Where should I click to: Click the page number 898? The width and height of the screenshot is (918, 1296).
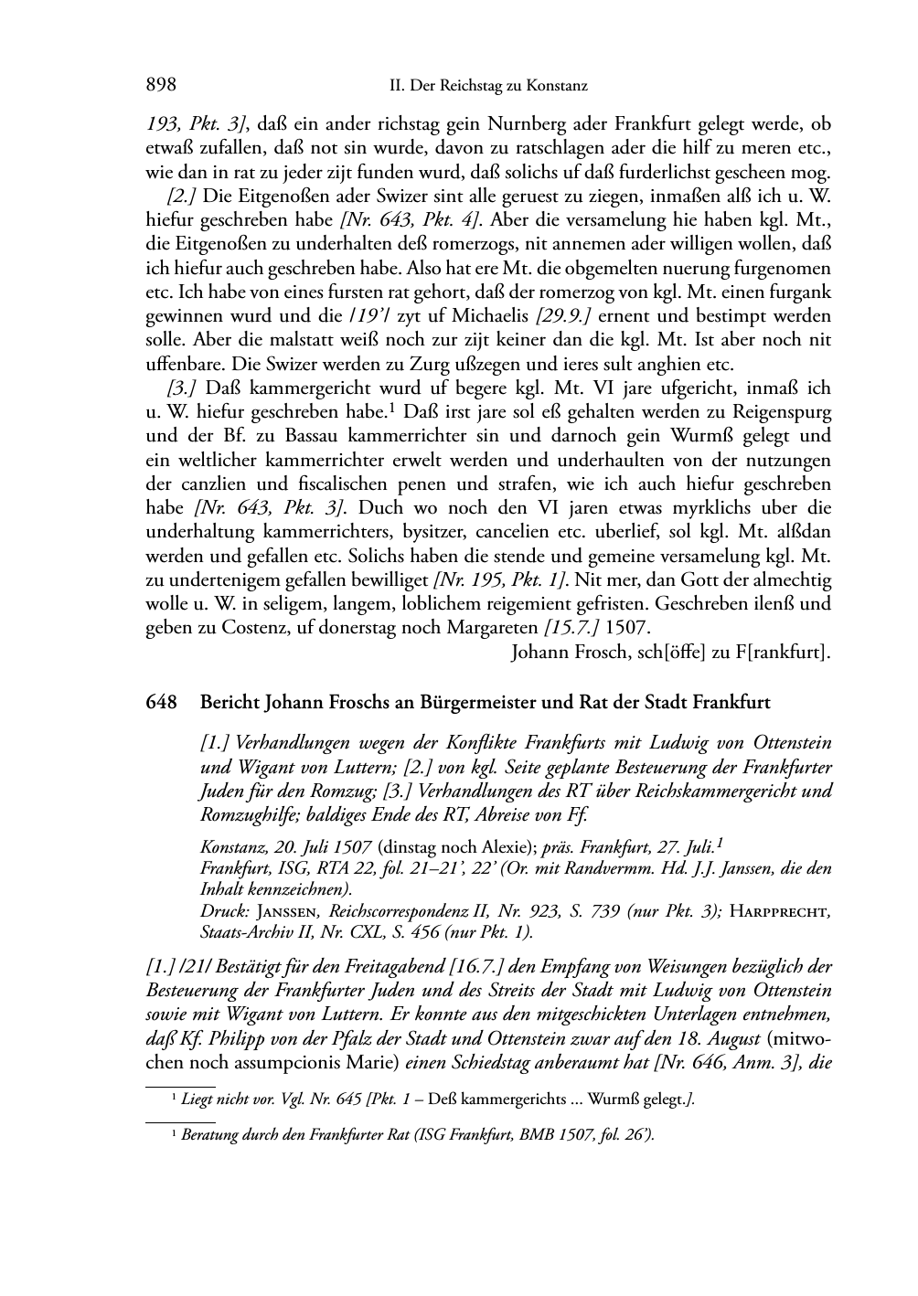(161, 86)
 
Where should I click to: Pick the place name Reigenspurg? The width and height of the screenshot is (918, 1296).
(780, 412)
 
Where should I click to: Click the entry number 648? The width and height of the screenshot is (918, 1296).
(161, 703)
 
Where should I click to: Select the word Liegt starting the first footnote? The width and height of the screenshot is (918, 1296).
(196, 1099)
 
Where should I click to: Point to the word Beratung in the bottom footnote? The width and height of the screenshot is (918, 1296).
(209, 1135)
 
